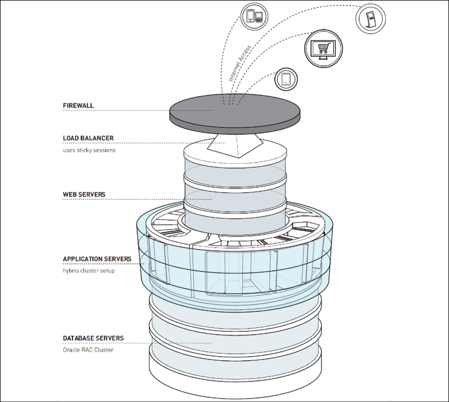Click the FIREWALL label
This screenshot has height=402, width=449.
point(78,106)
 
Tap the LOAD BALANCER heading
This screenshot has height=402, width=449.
point(88,138)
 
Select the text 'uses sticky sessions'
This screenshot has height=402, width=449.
point(89,150)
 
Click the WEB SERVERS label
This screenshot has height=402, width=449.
point(84,194)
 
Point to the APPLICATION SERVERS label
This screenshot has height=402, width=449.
point(97,259)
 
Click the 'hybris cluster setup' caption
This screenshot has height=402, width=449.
point(89,270)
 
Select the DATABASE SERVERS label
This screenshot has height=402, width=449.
point(93,338)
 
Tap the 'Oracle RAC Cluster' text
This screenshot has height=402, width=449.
point(88,350)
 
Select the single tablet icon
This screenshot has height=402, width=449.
point(286,79)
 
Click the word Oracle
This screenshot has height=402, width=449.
point(71,350)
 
